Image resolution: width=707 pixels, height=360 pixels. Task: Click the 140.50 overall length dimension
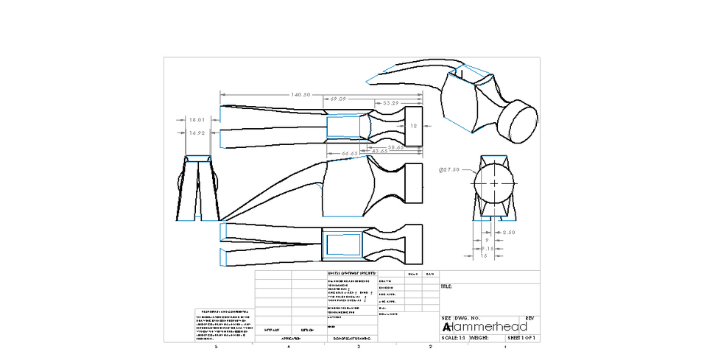coord(300,95)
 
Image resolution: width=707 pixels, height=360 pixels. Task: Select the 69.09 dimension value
coord(338,99)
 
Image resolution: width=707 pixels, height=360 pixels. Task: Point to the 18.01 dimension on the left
coord(197,119)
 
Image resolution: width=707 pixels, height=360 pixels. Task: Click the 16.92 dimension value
coord(197,133)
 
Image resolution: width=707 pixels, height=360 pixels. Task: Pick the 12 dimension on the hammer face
coord(413,126)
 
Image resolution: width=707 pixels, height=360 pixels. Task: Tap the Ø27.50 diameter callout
coord(449,169)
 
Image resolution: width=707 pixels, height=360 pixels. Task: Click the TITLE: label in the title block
coord(446,286)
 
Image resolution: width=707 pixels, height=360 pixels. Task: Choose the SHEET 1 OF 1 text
coord(522,338)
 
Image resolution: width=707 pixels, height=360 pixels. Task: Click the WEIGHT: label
coord(479,338)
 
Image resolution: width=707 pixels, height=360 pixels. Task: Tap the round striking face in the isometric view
coord(518,121)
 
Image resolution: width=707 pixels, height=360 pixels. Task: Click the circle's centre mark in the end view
coord(493,183)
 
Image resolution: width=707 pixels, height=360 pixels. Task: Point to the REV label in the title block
coord(529,318)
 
